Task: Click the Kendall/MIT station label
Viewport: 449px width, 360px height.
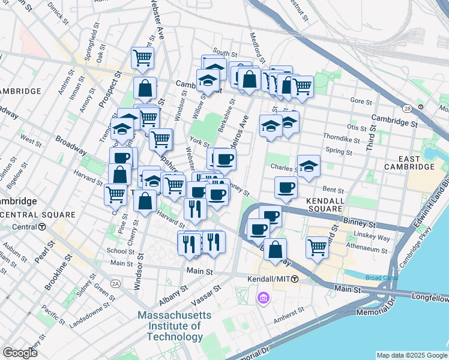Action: pyautogui.click(x=268, y=280)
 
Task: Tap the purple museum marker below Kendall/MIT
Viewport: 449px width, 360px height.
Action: pyautogui.click(x=263, y=298)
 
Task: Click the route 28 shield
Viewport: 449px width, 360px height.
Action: pyautogui.click(x=407, y=109)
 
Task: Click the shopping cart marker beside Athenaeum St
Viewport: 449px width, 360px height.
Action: pyautogui.click(x=316, y=247)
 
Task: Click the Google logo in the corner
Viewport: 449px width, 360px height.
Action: pyautogui.click(x=20, y=353)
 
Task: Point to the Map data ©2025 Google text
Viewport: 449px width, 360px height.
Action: pyautogui.click(x=411, y=355)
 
